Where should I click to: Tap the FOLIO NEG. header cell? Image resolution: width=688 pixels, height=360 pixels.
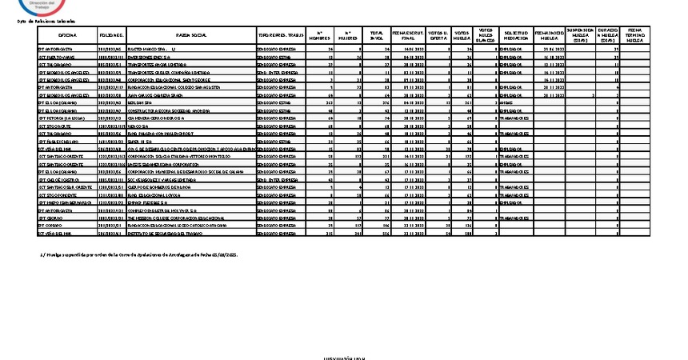tap(111, 36)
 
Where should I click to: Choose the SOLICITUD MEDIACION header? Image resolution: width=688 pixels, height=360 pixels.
tap(517, 36)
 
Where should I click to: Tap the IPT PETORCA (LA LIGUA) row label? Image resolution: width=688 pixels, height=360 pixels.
tap(61, 118)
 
